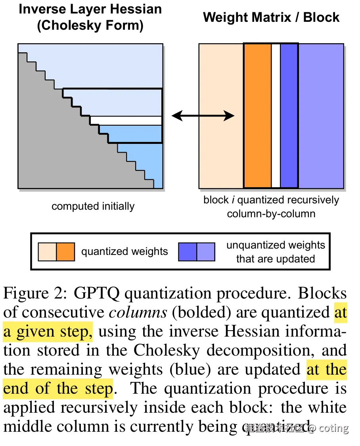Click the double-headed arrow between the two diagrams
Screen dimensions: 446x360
coord(203,116)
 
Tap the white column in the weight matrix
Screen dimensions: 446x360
coord(276,116)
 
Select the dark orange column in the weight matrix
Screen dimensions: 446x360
coord(258,116)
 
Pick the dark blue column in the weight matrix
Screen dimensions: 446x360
coord(289,116)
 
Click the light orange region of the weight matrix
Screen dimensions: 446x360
coord(221,116)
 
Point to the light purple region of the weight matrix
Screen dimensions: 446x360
coord(321,116)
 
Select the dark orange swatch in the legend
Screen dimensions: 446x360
coord(65,252)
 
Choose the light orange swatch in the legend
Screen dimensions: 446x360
coord(47,252)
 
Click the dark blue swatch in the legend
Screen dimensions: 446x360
coord(188,252)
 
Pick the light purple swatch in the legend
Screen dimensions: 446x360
coord(206,252)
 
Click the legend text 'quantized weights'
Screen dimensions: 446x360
coord(124,252)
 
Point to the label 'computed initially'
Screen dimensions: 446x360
coord(93,207)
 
